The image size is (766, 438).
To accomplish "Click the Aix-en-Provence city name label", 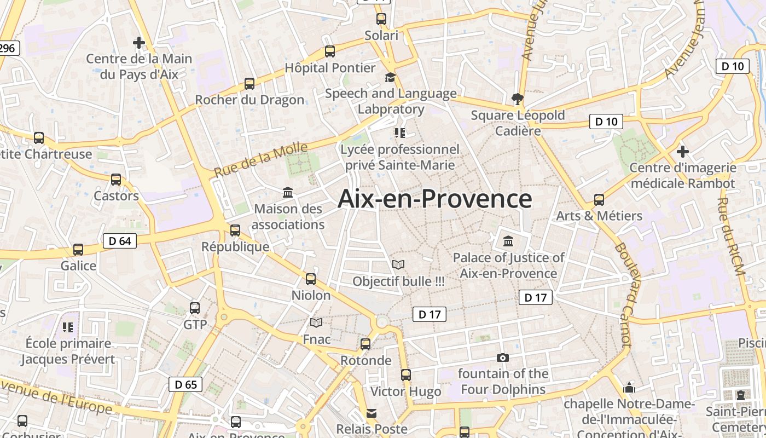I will [x=434, y=199].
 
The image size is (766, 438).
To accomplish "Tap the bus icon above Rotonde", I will [x=365, y=344].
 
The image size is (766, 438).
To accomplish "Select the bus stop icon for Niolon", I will [x=311, y=279].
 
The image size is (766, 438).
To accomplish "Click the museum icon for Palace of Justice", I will [x=508, y=241].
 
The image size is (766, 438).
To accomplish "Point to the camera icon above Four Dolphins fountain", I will [x=502, y=358].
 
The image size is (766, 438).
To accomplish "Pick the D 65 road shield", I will [x=185, y=384].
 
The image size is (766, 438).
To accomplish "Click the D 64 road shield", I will [x=120, y=241].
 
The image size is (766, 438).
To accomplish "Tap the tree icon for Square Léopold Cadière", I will [x=517, y=99].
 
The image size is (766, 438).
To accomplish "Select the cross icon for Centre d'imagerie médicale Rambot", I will [x=682, y=151].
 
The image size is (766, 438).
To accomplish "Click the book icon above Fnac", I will [x=316, y=323].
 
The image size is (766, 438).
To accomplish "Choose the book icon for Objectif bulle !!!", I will [x=398, y=265].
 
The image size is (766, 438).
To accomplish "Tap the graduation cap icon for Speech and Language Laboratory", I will [x=390, y=77].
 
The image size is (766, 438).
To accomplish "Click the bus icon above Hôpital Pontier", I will [x=329, y=51].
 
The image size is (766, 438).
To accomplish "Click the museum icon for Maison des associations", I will [x=288, y=192].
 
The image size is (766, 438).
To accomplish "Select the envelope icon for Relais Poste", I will [x=372, y=413].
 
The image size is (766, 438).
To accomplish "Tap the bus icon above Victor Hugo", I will [x=405, y=375].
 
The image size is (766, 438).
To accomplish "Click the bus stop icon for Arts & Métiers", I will [x=599, y=200].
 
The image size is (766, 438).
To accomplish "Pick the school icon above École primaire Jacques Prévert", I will [x=68, y=327].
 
